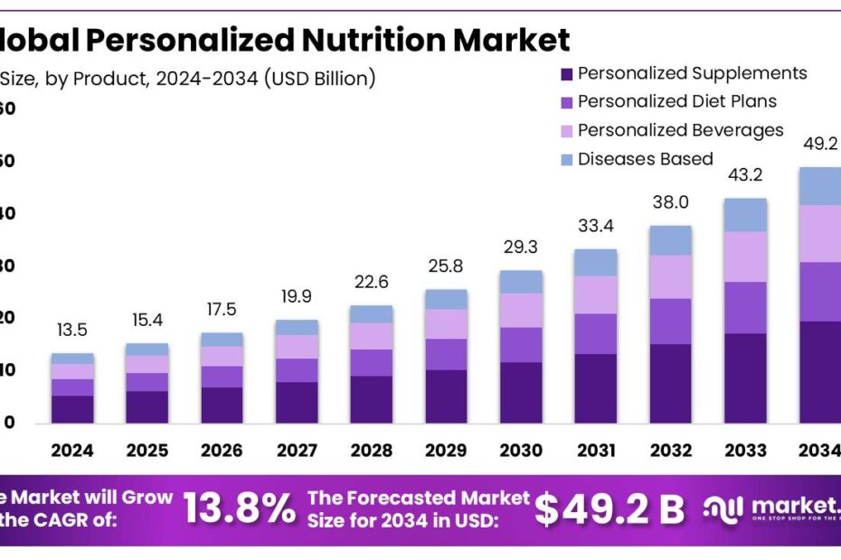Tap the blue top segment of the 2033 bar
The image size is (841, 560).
click(x=744, y=214)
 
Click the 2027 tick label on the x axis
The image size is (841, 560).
click(x=297, y=451)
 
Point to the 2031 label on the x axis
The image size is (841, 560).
click(x=595, y=451)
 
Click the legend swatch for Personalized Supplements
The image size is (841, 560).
click(x=566, y=74)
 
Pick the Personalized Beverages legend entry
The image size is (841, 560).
click(x=680, y=130)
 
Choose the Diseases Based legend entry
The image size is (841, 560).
click(x=645, y=159)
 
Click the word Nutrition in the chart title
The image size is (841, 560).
click(x=374, y=41)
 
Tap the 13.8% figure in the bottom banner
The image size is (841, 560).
click(x=240, y=510)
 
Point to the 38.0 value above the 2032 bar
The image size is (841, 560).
click(x=670, y=203)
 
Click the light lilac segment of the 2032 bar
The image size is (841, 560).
click(x=669, y=276)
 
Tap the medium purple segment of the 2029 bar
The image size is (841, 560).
click(x=446, y=354)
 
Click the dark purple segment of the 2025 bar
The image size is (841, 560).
click(x=147, y=406)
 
